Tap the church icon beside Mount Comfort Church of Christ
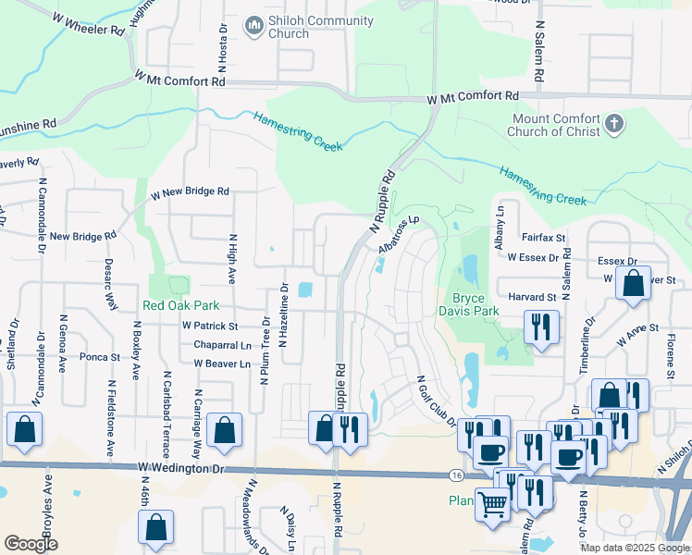point(612,123)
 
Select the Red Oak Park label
point(180,305)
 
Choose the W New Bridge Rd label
point(191,192)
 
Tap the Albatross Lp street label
point(400,237)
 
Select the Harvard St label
point(532,297)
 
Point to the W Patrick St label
point(210,327)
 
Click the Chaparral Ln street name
point(222,345)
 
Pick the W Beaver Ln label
point(222,364)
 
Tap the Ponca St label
point(100,356)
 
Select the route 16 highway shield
point(457,475)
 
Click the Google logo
point(31,544)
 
